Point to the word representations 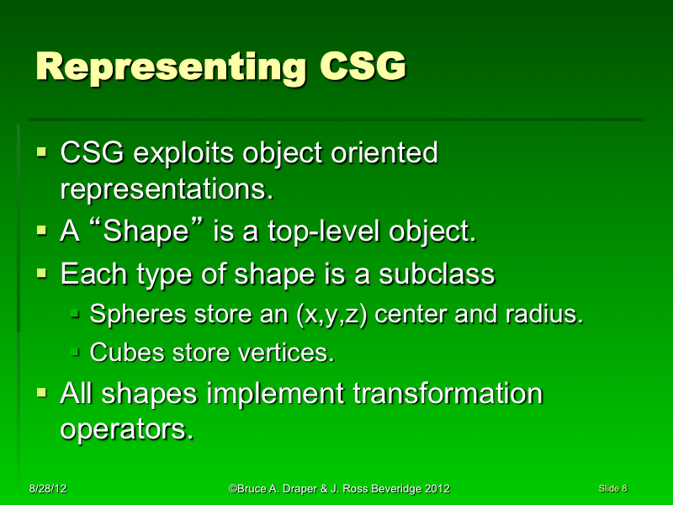(x=167, y=189)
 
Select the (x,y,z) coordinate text (x=335, y=316)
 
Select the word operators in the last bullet (x=122, y=428)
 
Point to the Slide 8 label (x=613, y=488)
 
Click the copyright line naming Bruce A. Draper (x=339, y=488)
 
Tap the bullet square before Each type (x=43, y=274)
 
